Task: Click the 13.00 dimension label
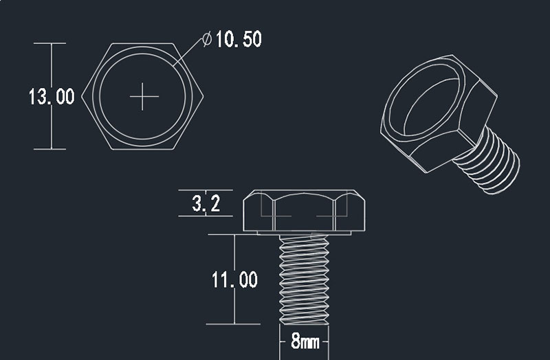coord(51,96)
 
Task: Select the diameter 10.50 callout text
coord(238,39)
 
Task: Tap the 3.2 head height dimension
coord(206,204)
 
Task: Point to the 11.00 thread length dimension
coord(234,280)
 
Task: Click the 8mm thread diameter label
coord(304,341)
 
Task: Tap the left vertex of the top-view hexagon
coord(82,97)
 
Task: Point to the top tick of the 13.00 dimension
coord(51,43)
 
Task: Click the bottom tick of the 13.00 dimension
coord(51,149)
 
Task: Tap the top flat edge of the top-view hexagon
coord(144,44)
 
